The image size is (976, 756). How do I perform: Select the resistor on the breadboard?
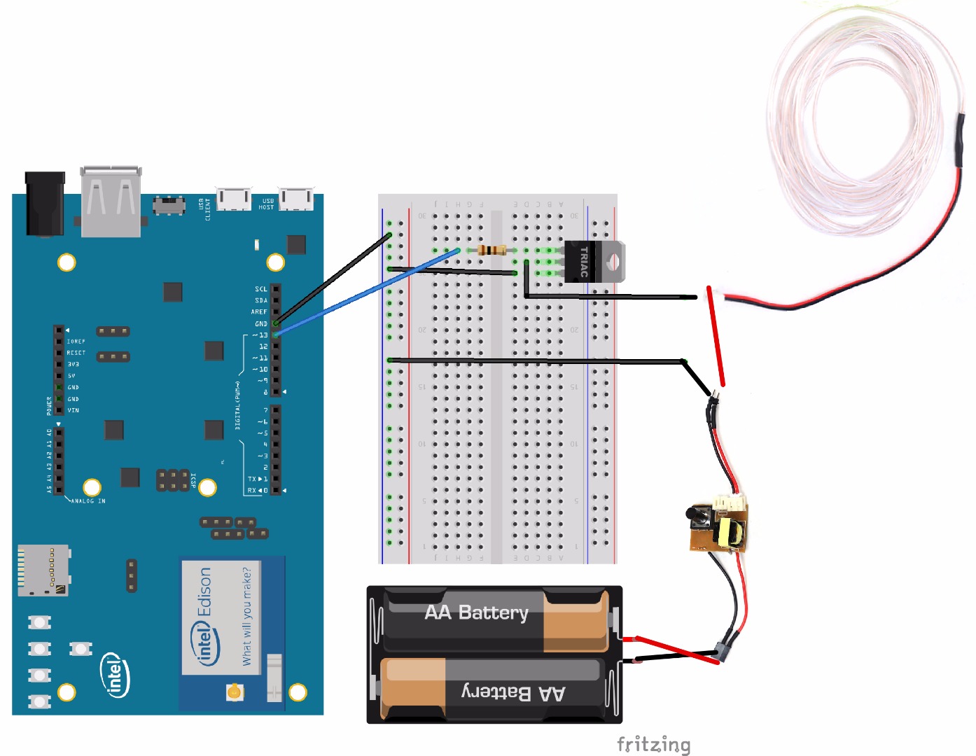pyautogui.click(x=492, y=250)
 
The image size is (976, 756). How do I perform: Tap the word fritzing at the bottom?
pyautogui.click(x=653, y=744)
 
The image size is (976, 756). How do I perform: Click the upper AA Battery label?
pyautogui.click(x=476, y=612)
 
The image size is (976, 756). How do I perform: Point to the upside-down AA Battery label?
pyautogui.click(x=513, y=693)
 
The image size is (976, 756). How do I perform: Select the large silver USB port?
pyautogui.click(x=111, y=201)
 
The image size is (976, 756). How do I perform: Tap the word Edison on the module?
pyautogui.click(x=204, y=591)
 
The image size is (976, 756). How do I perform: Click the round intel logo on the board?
pyautogui.click(x=116, y=675)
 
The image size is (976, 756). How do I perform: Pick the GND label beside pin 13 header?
pyautogui.click(x=260, y=324)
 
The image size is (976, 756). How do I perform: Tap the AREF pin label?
pyautogui.click(x=259, y=312)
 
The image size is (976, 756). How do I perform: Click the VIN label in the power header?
pyautogui.click(x=73, y=410)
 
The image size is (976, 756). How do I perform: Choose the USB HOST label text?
pyautogui.click(x=267, y=204)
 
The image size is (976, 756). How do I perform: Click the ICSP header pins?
pyautogui.click(x=172, y=480)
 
